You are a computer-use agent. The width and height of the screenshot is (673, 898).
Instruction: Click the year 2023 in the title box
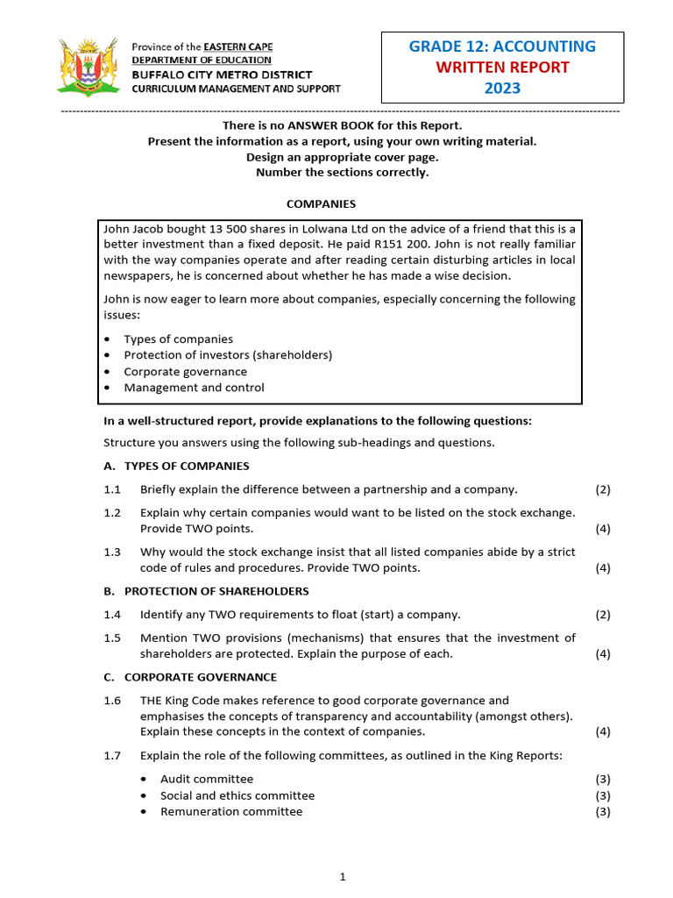[x=502, y=88]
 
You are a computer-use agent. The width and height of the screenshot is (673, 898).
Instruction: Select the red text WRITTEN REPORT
[x=502, y=68]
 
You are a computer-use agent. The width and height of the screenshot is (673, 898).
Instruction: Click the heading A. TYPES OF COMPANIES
[x=176, y=466]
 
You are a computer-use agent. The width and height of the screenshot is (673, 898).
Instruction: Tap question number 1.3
[x=112, y=552]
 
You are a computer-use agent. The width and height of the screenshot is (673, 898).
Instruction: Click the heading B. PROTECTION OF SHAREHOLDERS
[x=206, y=591]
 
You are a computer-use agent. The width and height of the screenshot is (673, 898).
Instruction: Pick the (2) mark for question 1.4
[x=603, y=615]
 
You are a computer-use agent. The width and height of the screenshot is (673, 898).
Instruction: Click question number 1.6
[x=112, y=701]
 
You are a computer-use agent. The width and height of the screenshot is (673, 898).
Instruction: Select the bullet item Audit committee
[x=207, y=779]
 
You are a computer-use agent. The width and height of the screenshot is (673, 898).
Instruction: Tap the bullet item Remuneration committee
[x=231, y=811]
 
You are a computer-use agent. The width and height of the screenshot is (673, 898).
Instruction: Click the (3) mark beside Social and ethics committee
[x=603, y=795]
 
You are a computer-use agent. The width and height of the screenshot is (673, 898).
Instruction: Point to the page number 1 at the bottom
[x=344, y=876]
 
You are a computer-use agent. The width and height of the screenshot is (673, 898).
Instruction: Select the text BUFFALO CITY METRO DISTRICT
[x=218, y=75]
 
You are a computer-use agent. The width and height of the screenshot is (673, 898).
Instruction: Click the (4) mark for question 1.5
[x=603, y=654]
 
